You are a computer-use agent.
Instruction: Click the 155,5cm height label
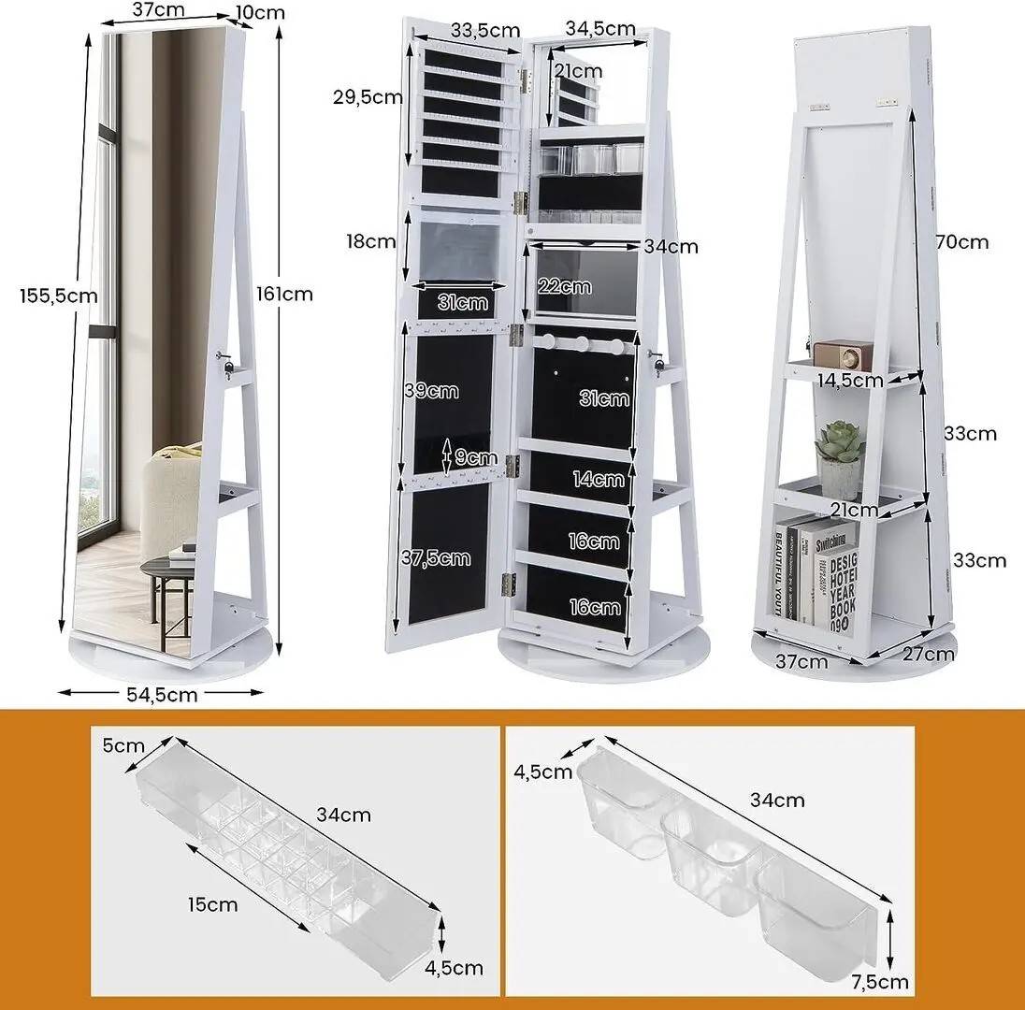point(59,296)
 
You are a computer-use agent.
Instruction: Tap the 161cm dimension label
point(284,295)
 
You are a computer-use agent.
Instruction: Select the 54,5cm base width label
point(162,694)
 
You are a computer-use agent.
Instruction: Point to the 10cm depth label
point(260,12)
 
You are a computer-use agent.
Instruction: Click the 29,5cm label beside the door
point(368,96)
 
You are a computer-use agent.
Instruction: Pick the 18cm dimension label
point(370,241)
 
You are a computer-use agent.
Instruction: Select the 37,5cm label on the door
point(436,557)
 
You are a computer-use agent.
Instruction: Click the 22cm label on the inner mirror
point(565,285)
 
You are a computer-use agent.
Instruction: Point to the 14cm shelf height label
point(599,479)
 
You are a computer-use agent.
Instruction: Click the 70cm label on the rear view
point(962,242)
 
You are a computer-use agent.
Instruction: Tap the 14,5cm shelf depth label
point(850,380)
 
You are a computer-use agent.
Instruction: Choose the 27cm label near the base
point(929,653)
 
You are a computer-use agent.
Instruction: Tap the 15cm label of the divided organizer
point(212,904)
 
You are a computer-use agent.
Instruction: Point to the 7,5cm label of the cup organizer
point(880,981)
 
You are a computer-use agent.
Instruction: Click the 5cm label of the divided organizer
point(123,745)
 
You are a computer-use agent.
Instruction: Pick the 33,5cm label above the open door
point(485,30)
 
